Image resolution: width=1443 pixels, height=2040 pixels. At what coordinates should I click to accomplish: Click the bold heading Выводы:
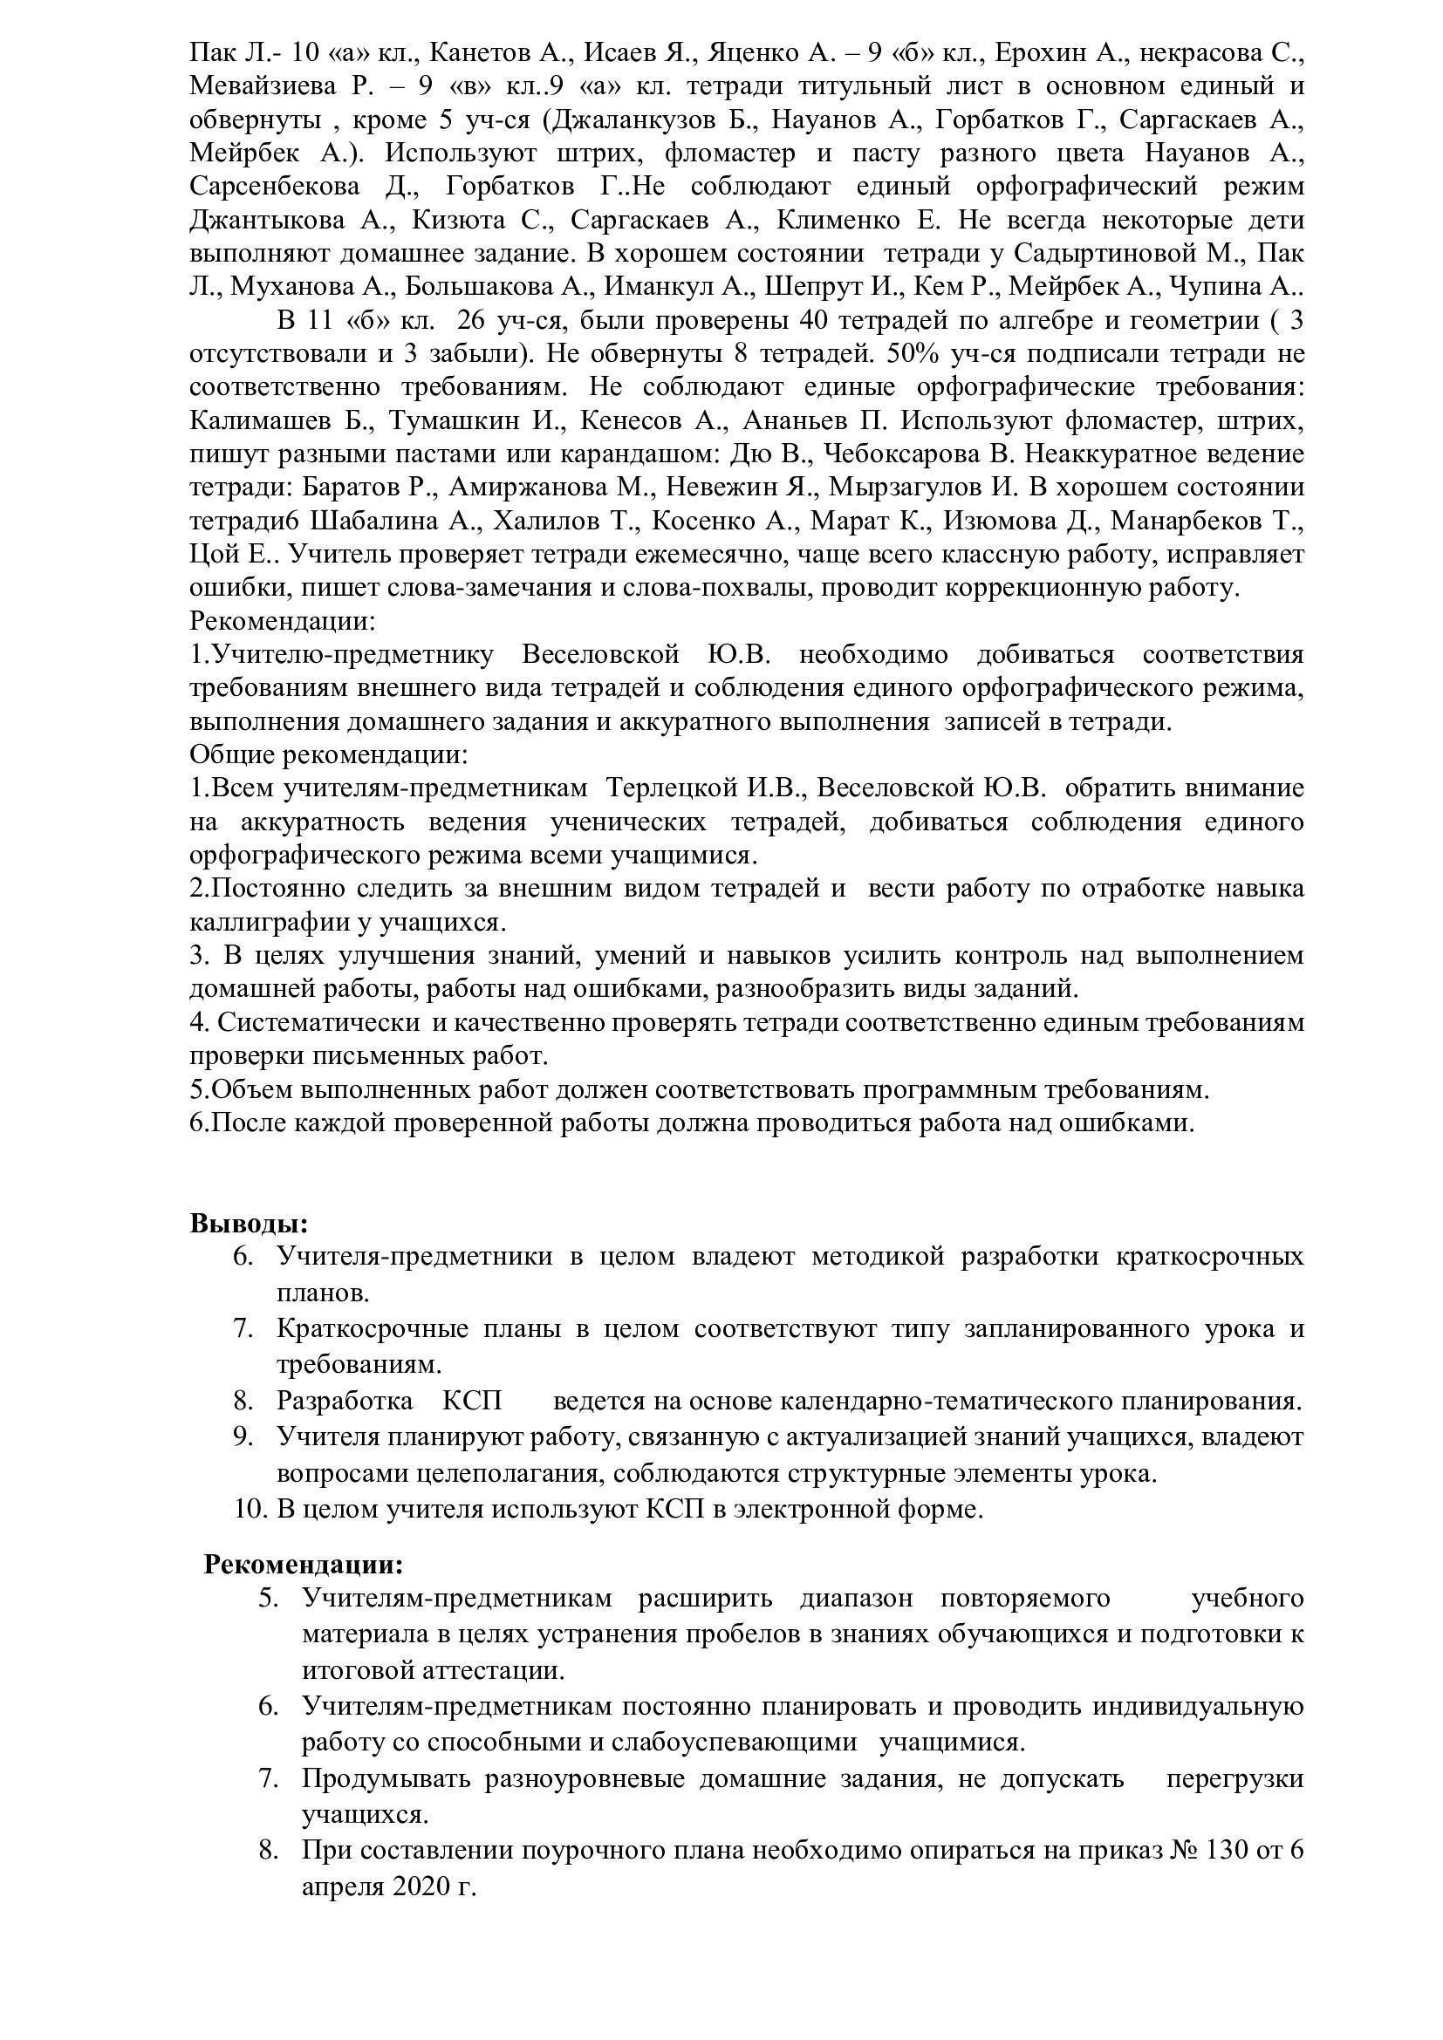point(249,1224)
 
